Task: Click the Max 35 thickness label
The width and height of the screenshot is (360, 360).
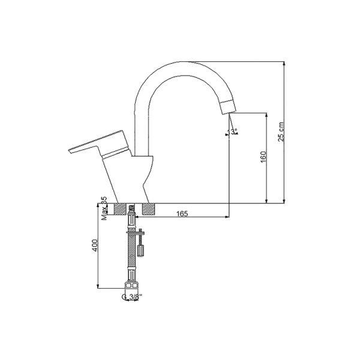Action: [104, 209]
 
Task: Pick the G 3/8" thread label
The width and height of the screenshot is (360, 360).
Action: [130, 296]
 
